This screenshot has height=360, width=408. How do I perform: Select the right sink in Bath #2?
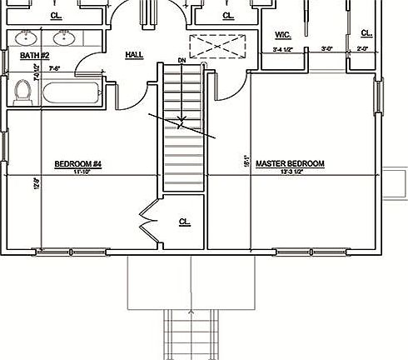click(x=62, y=37)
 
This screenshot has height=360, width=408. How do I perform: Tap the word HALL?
click(x=133, y=55)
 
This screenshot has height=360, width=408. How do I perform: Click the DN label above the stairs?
click(x=182, y=61)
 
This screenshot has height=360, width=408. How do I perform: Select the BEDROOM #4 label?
click(x=77, y=163)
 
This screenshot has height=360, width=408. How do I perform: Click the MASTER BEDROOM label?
click(x=290, y=163)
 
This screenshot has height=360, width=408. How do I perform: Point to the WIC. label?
click(x=281, y=35)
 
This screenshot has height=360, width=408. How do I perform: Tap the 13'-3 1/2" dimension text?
click(x=291, y=172)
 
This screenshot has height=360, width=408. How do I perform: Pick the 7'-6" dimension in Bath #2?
click(x=57, y=67)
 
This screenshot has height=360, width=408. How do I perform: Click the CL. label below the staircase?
click(x=184, y=222)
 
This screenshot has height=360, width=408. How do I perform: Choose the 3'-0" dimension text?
click(x=327, y=50)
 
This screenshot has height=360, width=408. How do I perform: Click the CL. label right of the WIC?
click(x=366, y=33)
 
